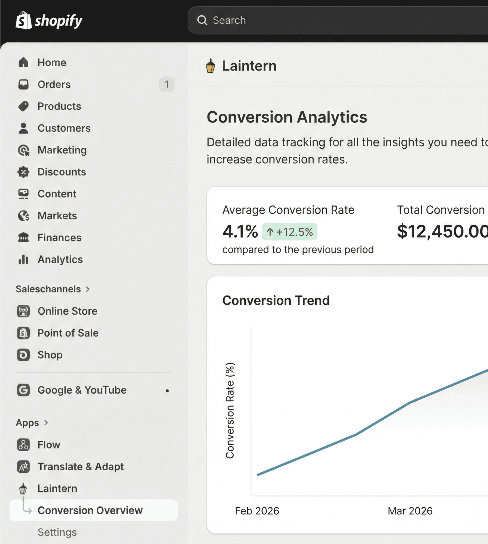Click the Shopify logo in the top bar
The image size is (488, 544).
coord(49,21)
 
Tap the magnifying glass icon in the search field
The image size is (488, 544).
coord(202,20)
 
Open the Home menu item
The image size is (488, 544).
coord(51,62)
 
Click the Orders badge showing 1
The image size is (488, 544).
coord(167,84)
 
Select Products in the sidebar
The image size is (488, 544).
coord(59,106)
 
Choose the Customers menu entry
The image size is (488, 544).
coord(64,128)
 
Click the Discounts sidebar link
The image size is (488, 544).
coord(62,172)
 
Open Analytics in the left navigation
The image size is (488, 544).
coord(60,259)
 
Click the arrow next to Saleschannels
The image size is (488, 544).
coord(88,289)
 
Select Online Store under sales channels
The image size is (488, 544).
coord(67,311)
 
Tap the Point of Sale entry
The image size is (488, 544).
coord(68,333)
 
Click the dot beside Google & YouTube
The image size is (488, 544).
coord(167,391)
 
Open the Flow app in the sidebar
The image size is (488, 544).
coord(49,445)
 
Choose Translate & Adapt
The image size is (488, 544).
coord(80,467)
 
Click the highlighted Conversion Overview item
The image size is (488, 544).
coord(90,510)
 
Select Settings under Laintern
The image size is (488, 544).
coord(57,532)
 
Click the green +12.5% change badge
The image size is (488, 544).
coord(289,232)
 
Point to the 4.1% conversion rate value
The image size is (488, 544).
coord(240,231)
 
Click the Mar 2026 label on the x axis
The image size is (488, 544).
coord(410,511)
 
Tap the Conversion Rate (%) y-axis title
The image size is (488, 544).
coord(230,410)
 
